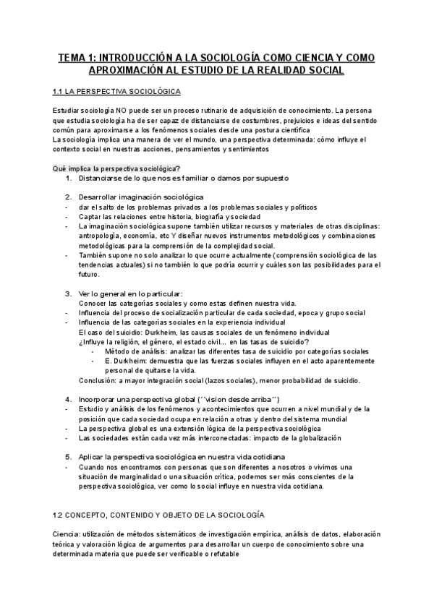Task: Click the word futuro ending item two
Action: [x=90, y=275]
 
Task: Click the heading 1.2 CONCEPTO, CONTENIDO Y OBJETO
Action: [x=159, y=494]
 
